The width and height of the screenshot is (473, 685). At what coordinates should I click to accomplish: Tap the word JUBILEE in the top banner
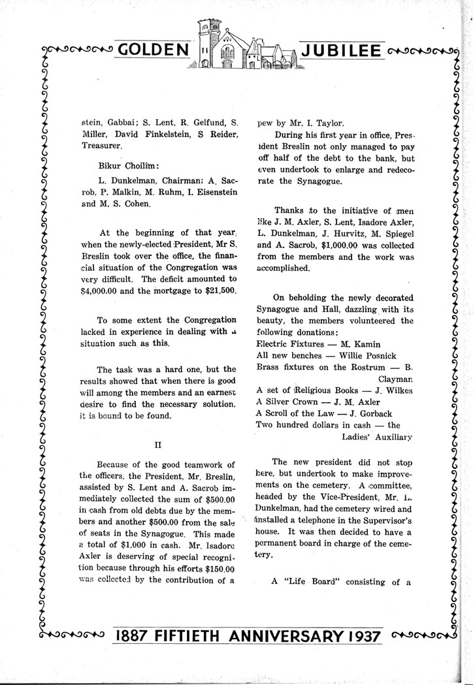point(342,50)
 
